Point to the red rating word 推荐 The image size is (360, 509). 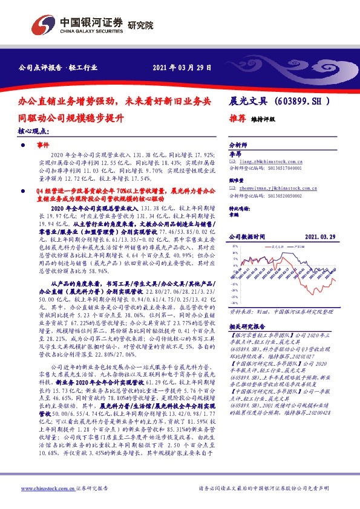pyautogui.click(x=237, y=119)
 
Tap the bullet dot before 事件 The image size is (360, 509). pyautogui.click(x=24, y=146)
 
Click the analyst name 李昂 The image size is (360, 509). pyautogui.click(x=234, y=155)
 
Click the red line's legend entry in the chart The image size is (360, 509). pyautogui.click(x=278, y=247)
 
